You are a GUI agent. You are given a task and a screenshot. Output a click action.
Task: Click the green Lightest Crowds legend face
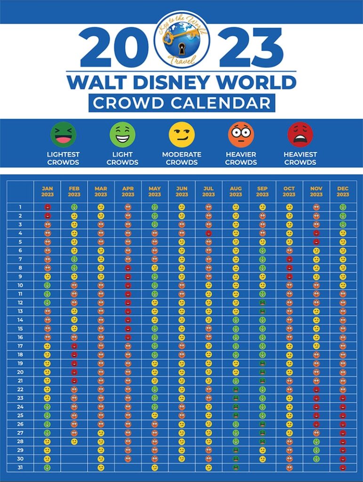point(63,135)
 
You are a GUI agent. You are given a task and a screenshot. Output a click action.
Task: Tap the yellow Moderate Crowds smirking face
point(182,135)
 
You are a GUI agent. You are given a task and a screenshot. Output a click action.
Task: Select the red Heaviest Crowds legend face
point(300,135)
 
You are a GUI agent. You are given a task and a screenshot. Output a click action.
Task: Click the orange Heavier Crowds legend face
point(241,135)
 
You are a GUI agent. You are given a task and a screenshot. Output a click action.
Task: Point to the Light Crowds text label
point(122,158)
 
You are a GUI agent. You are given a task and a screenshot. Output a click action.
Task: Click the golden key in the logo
point(180,36)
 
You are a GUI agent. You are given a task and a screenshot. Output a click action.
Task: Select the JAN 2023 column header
point(47,192)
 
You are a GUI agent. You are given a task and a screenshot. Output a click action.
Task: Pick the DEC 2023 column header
point(343,192)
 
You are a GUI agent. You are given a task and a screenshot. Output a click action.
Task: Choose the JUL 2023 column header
point(209,192)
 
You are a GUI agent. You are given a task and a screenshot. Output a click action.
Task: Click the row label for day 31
point(20,467)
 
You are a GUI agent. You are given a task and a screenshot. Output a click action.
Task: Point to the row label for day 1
point(20,207)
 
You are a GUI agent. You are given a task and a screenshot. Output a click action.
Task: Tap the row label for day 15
point(20,329)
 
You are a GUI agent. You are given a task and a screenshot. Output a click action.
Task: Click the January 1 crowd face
point(47,207)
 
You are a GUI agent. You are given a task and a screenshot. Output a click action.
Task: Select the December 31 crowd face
point(343,467)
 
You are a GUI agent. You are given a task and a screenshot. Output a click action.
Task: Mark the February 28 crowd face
point(74,442)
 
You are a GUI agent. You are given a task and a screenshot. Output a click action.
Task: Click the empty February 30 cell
point(74,459)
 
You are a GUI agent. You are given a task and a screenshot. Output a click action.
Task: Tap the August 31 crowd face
point(235,467)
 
